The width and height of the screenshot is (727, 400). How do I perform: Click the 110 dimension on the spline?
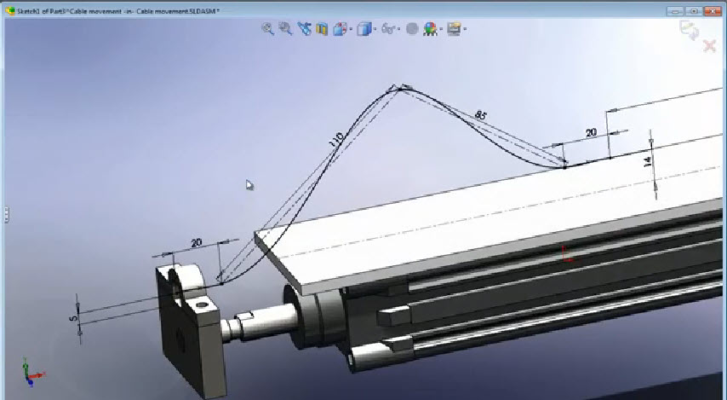point(337,140)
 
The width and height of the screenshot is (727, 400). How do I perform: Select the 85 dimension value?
point(481,114)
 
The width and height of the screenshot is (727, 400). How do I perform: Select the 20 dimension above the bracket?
point(197,243)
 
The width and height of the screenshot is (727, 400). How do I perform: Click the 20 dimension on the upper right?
point(591,132)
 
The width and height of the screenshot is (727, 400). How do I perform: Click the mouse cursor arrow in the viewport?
point(249,184)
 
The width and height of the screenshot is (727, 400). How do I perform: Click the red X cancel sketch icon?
point(709,45)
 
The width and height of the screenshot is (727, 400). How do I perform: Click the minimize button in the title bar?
point(677,10)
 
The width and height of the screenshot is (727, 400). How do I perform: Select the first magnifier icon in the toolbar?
point(267,28)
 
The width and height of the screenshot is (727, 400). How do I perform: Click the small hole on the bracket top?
point(201,302)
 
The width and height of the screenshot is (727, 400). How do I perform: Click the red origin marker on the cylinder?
point(566,253)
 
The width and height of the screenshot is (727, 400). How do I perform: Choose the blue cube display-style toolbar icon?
point(364,28)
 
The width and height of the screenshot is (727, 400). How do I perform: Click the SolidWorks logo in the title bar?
point(9,10)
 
